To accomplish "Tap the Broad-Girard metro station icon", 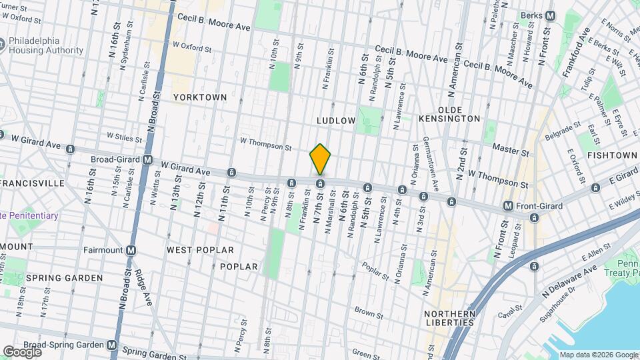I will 148,161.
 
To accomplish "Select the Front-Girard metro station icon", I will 508,207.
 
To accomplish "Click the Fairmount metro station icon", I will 131,251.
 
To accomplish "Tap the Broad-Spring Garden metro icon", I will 112,345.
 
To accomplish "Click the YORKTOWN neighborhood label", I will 200,97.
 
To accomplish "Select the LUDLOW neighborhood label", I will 336,121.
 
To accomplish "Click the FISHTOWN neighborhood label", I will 613,155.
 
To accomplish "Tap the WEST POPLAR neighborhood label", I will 200,250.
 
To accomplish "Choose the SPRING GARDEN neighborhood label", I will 65,277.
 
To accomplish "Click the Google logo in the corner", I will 22,351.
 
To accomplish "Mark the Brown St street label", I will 369,313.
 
